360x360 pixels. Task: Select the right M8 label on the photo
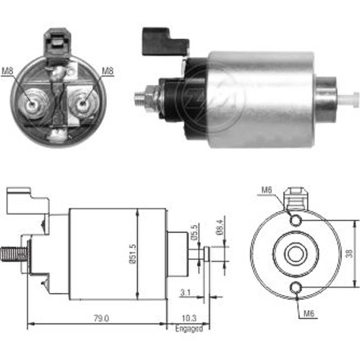(107, 71)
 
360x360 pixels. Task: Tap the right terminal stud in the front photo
(83, 104)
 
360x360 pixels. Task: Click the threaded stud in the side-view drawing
(14, 254)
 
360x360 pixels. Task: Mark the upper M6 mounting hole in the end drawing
(296, 220)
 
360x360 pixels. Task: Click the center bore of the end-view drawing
(296, 254)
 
